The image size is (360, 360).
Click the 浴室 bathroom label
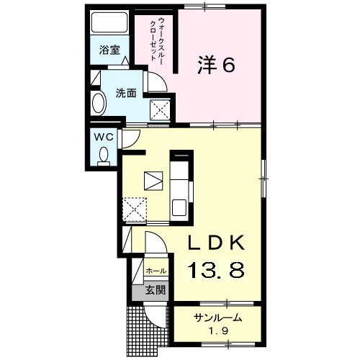pyautogui.click(x=109, y=50)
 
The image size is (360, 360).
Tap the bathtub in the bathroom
pyautogui.click(x=109, y=22)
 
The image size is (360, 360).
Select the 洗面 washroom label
pyautogui.click(x=126, y=94)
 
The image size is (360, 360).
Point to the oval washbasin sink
pyautogui.click(x=99, y=104)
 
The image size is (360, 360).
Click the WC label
pyautogui.click(x=104, y=138)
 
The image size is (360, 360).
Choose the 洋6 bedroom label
pyautogui.click(x=216, y=65)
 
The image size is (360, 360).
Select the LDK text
pyautogui.click(x=216, y=243)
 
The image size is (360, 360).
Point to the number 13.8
pyautogui.click(x=215, y=270)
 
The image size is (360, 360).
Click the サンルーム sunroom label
pyautogui.click(x=217, y=318)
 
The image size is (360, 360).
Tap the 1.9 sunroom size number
pyautogui.click(x=218, y=331)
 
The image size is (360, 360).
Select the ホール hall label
pyautogui.click(x=156, y=271)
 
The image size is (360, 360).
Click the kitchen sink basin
pyautogui.click(x=179, y=207)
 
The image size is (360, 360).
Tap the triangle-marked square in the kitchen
pyautogui.click(x=153, y=181)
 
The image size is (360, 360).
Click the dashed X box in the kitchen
pyautogui.click(x=135, y=209)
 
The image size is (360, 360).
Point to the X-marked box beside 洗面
pyautogui.click(x=160, y=110)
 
